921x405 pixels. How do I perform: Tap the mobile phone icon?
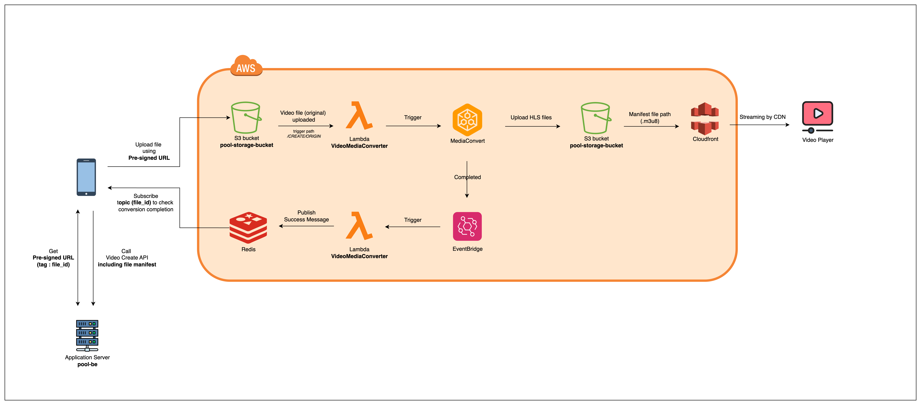pos(86,177)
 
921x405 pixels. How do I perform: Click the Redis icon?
pos(248,228)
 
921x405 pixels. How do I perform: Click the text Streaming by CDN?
pos(762,117)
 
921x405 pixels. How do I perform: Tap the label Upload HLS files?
pos(531,117)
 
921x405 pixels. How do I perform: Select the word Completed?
pos(467,177)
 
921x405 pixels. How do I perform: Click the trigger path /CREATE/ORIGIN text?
pos(304,134)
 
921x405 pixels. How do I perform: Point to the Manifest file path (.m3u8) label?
pos(650,117)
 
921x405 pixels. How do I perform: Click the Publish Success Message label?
pos(306,216)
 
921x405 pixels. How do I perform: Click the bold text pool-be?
pos(87,364)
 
